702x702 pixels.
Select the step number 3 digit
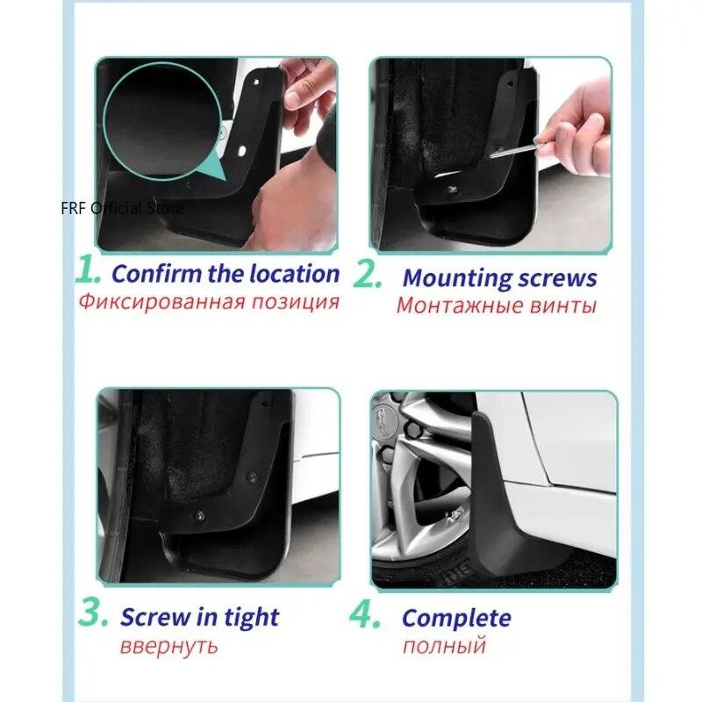92,613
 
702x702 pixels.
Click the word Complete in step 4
456,619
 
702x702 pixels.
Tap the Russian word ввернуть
168,647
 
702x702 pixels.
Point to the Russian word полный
444,647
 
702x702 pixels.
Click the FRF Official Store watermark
123,209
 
